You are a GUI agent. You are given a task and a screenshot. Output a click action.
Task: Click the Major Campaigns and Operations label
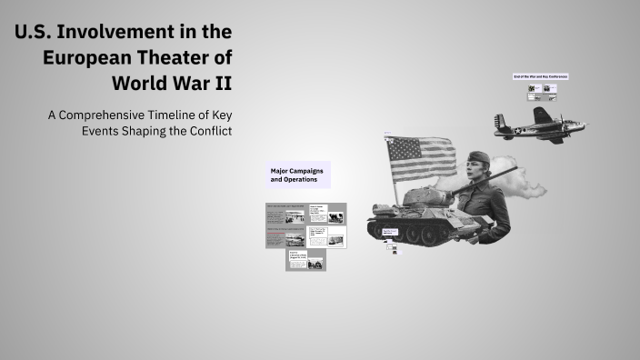point(296,175)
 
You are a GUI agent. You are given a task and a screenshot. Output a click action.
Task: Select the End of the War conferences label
point(540,76)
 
